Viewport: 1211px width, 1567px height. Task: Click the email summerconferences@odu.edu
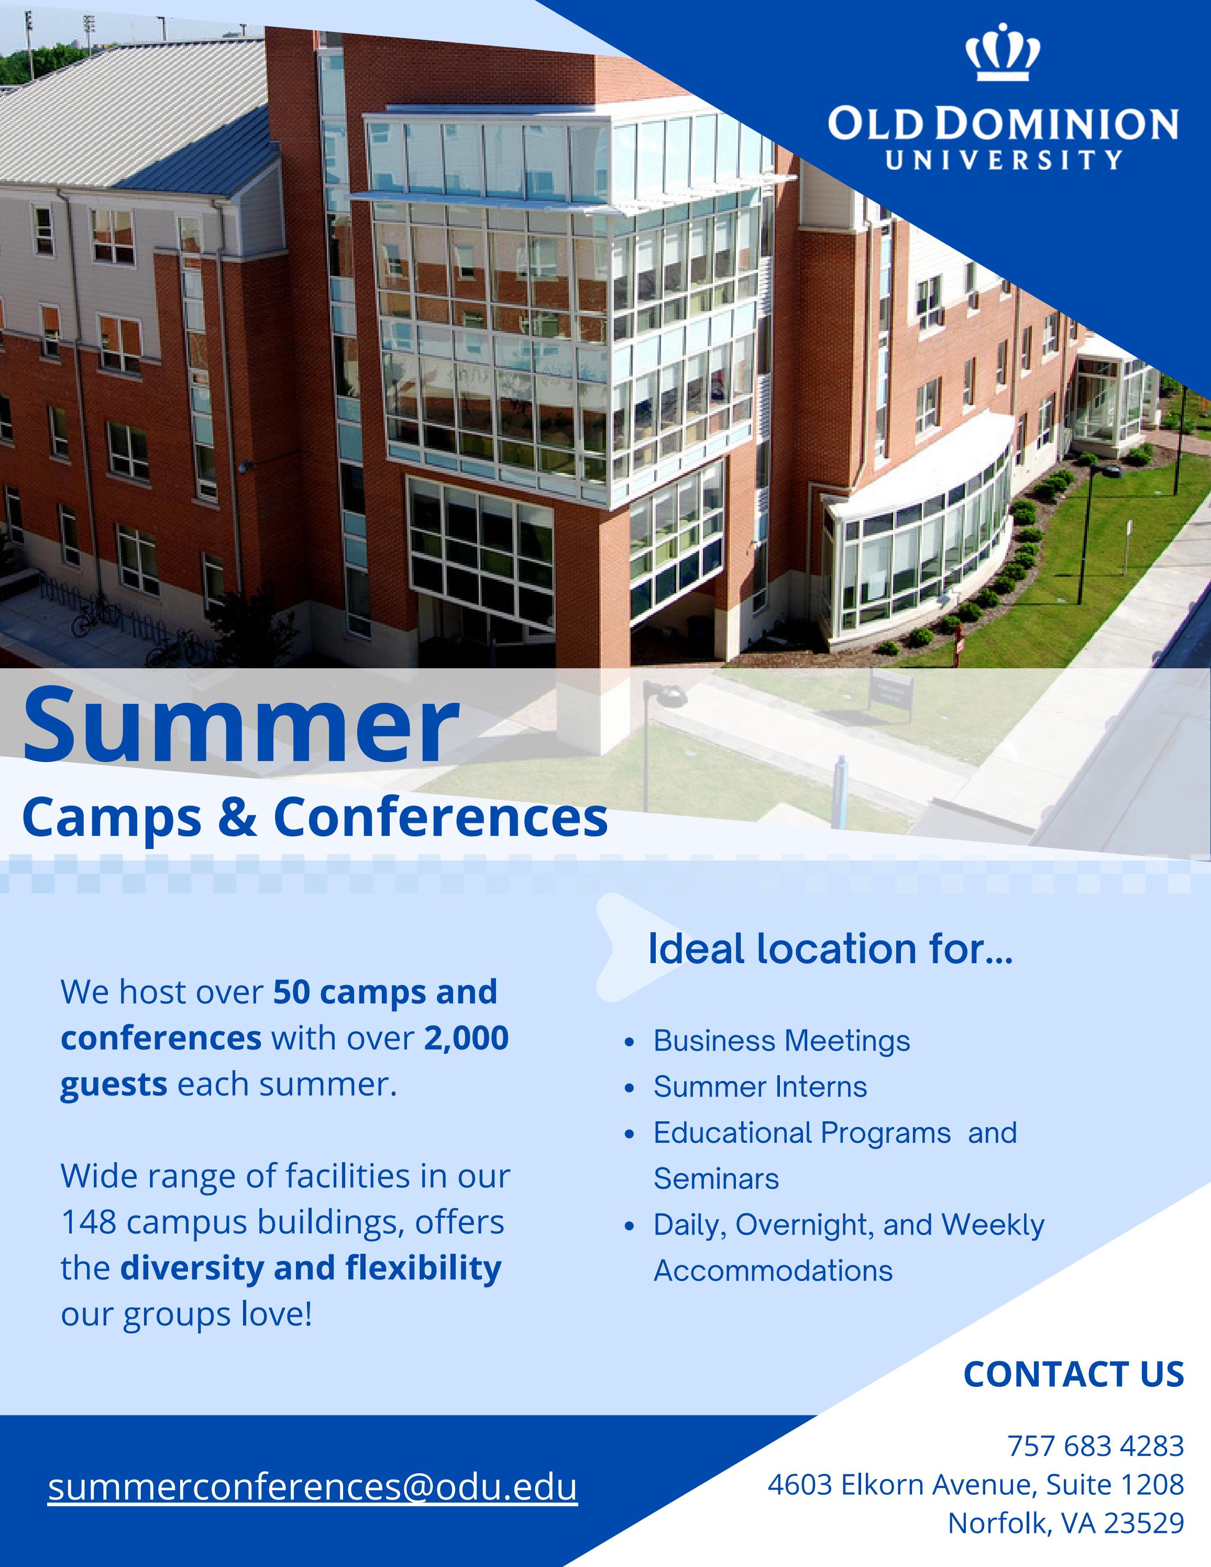[x=313, y=1486]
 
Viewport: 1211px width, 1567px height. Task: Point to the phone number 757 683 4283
[x=1095, y=1445]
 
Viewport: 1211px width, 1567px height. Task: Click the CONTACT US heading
[x=1074, y=1374]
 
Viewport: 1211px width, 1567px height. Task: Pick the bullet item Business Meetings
[x=781, y=1041]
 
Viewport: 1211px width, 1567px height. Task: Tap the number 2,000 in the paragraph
[x=466, y=1038]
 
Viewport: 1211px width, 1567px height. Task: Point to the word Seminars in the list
[x=716, y=1179]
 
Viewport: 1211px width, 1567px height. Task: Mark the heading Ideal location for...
[x=830, y=949]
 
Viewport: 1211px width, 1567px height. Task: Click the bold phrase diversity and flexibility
[x=311, y=1268]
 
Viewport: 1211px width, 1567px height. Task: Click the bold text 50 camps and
[x=386, y=992]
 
